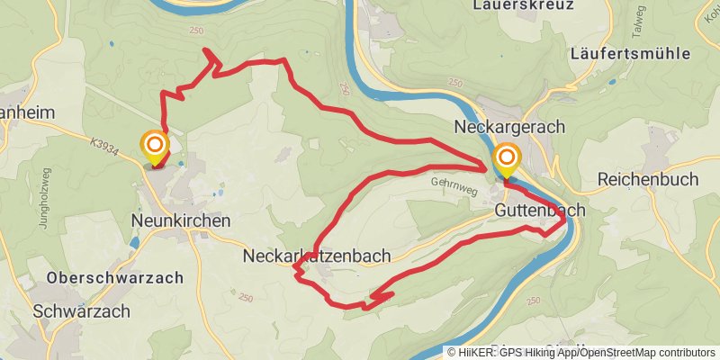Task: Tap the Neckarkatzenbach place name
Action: [x=317, y=256]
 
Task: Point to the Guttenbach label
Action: [x=540, y=210]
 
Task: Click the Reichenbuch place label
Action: [x=648, y=180]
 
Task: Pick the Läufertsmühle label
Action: [x=630, y=54]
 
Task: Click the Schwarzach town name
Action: [x=81, y=310]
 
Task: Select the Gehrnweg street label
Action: [x=452, y=181]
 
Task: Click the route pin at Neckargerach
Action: [x=506, y=159]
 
